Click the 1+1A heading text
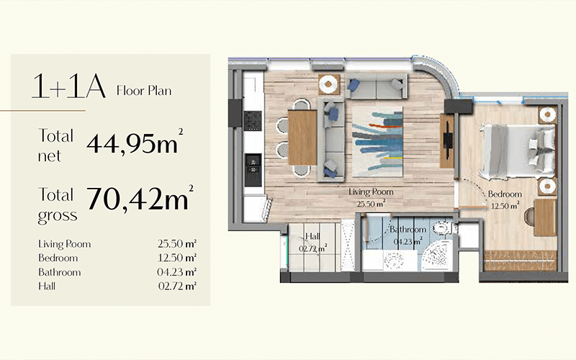pyautogui.click(x=68, y=86)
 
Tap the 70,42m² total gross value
pyautogui.click(x=140, y=199)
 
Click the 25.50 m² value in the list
pyautogui.click(x=177, y=243)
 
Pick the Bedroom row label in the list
pyautogui.click(x=58, y=258)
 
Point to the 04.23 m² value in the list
pyautogui.click(x=176, y=272)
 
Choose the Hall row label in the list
pyautogui.click(x=47, y=286)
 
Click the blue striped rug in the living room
pyautogui.click(x=377, y=141)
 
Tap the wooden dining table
pyautogui.click(x=302, y=138)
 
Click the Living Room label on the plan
pyautogui.click(x=371, y=192)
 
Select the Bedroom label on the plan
pyautogui.click(x=505, y=194)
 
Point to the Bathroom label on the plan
pyautogui.click(x=408, y=230)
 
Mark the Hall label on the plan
pyautogui.click(x=312, y=237)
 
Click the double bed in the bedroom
pyautogui.click(x=518, y=151)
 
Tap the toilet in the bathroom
pyautogui.click(x=444, y=228)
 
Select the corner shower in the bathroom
pyautogui.click(x=438, y=256)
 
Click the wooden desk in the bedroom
pyautogui.click(x=545, y=217)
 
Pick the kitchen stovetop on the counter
pyautogui.click(x=253, y=121)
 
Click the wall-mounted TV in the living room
pyautogui.click(x=447, y=140)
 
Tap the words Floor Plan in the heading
pyautogui.click(x=144, y=91)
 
